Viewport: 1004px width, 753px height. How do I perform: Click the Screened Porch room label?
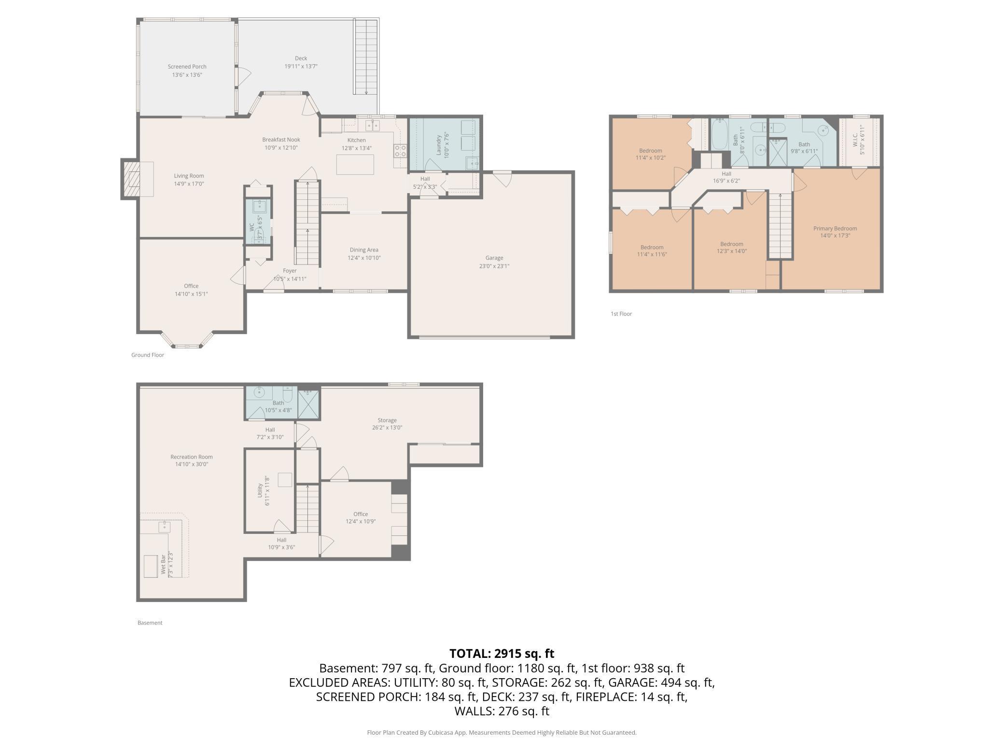(x=187, y=67)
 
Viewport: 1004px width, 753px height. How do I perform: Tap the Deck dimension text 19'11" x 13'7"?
(x=301, y=67)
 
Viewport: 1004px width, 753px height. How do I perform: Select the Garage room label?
(x=494, y=258)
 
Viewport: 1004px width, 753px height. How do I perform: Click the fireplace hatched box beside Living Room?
(x=131, y=179)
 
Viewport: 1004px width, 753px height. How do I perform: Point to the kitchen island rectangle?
(x=355, y=165)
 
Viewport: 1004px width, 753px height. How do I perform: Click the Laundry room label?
(x=439, y=144)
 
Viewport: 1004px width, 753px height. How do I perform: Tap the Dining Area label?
(x=364, y=250)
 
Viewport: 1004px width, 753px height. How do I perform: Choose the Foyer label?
(x=290, y=271)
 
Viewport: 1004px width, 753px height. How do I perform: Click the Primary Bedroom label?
(x=835, y=228)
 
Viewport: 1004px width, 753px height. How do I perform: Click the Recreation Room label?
(x=192, y=457)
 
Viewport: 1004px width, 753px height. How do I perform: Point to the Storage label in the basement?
(x=387, y=420)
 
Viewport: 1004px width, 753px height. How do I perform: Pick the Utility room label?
(x=260, y=490)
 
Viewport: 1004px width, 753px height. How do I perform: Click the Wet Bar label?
(x=163, y=565)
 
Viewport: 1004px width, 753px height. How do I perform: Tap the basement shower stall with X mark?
(x=308, y=403)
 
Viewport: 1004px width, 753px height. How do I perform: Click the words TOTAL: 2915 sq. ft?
(x=502, y=654)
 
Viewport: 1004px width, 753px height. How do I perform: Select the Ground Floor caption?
(x=148, y=355)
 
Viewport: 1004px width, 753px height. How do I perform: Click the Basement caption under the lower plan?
(x=150, y=623)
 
